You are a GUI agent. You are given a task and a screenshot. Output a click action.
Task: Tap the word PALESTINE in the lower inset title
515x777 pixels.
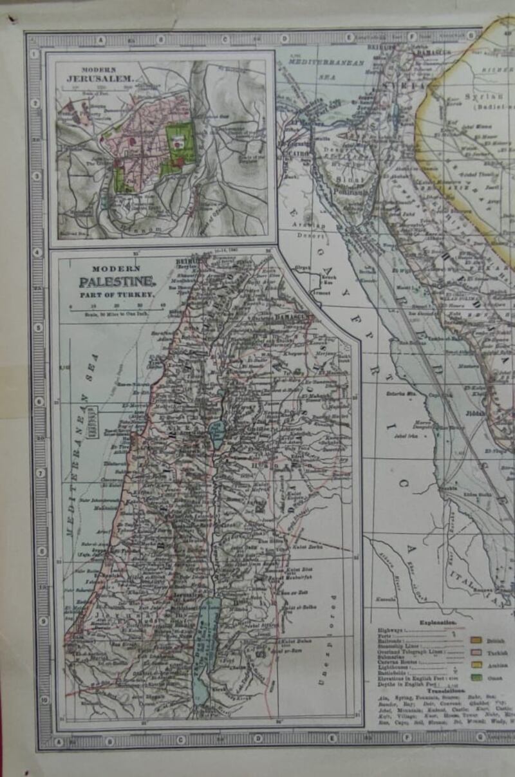[117, 281]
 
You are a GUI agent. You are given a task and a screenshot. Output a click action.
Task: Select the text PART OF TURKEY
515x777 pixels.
[117, 294]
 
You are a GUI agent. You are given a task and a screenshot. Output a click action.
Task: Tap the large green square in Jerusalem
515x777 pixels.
[178, 138]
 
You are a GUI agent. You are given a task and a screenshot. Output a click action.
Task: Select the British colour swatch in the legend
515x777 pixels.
[477, 641]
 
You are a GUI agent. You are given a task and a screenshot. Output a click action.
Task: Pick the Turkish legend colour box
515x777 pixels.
[477, 652]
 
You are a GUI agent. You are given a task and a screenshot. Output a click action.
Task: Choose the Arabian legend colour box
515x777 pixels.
[477, 664]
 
